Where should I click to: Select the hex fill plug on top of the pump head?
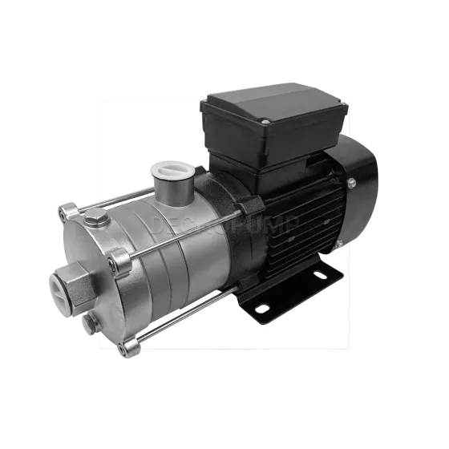(x=95, y=216)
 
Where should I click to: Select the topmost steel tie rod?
(x=120, y=196)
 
